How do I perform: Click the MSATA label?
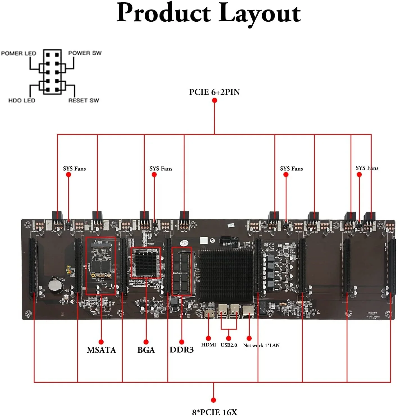point(101,350)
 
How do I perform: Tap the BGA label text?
point(146,350)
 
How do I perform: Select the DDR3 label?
point(181,350)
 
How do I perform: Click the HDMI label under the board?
point(208,345)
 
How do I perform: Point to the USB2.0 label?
point(229,345)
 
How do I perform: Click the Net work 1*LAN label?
point(261,345)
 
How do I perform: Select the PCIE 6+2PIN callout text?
point(214,92)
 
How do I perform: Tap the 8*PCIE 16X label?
point(215,412)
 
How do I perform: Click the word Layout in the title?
point(260,13)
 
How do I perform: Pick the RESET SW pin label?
point(84,100)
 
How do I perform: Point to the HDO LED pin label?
point(22,100)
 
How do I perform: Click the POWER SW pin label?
point(85,53)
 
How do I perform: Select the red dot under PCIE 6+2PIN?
point(214,100)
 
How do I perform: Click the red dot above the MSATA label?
point(101,342)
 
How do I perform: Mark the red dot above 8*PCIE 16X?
point(213,400)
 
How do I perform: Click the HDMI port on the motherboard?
point(209,313)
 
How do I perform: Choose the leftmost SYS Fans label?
point(74,169)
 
